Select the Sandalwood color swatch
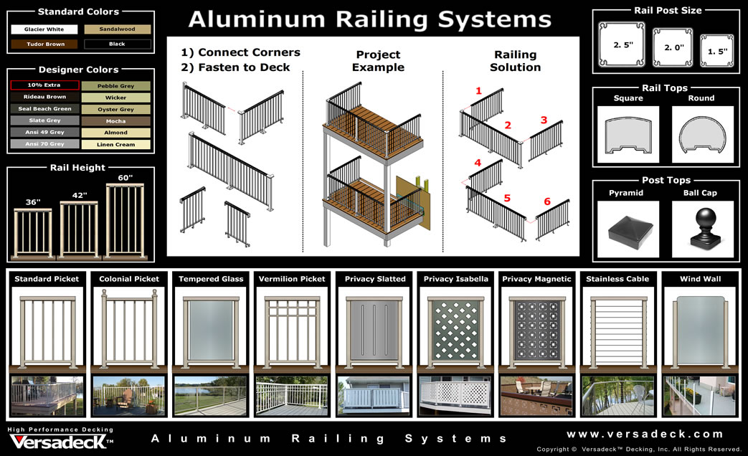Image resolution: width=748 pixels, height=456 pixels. point(118,29)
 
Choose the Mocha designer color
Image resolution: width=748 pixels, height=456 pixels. point(116,121)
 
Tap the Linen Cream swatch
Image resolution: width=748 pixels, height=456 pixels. point(116,144)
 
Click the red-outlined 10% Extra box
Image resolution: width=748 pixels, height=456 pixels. point(44,85)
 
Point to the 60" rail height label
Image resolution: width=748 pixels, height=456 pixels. point(126,177)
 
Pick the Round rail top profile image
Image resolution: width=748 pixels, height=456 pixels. point(702,134)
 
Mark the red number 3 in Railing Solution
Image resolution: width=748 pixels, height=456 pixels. point(544,120)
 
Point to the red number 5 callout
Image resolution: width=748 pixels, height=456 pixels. point(507,197)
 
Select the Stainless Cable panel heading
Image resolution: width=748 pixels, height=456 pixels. point(617,279)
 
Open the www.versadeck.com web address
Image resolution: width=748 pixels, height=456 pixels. point(645,434)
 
